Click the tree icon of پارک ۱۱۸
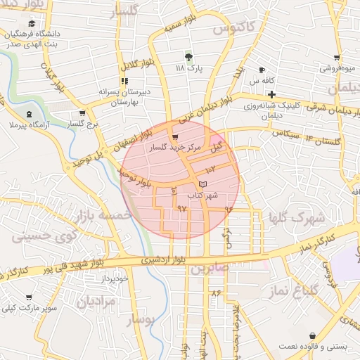188,56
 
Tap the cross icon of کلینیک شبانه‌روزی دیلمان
271,94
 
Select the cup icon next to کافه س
262,70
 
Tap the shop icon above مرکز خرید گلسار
175,137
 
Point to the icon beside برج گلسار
83,114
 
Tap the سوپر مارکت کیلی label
29,308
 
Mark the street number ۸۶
215,292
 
